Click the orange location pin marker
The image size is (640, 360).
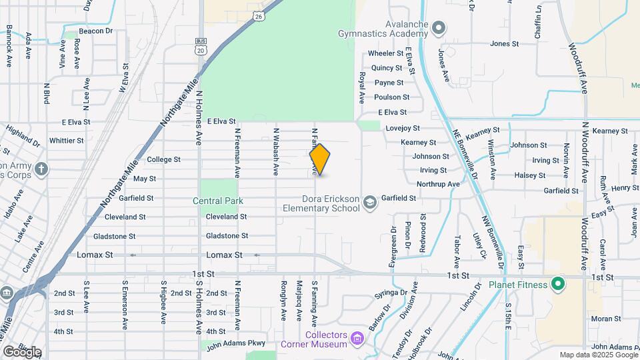click(320, 159)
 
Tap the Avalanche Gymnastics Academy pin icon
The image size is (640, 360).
click(438, 28)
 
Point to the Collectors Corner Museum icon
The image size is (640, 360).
click(358, 339)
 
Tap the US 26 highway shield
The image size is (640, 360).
click(258, 15)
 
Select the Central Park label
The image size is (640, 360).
click(218, 201)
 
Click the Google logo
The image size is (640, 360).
click(22, 351)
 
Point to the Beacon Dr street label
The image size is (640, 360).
click(96, 31)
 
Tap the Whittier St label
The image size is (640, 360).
click(67, 141)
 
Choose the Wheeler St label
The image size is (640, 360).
click(387, 53)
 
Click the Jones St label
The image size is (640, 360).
click(504, 44)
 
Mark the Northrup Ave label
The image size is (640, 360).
click(438, 184)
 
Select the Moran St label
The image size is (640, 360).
click(606, 319)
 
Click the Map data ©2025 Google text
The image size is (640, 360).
click(598, 355)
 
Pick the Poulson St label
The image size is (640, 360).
click(387, 97)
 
